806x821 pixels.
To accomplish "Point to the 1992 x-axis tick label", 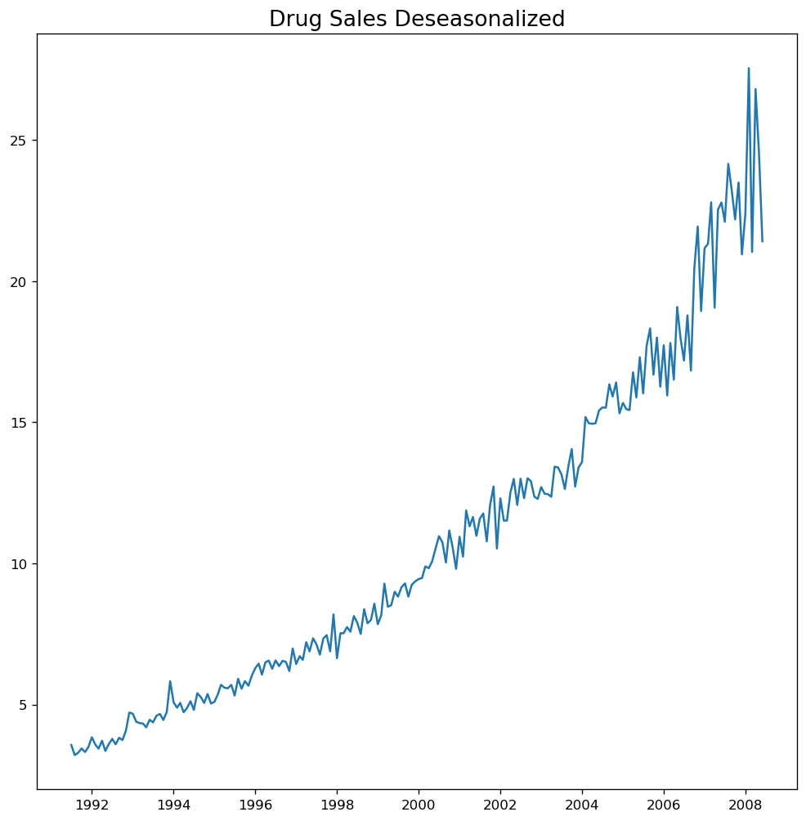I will pos(92,806).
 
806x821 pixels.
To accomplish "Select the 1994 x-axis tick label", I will pos(173,806).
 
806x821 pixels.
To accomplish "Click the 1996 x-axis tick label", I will pos(255,806).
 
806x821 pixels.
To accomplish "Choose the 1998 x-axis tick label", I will pos(337,806).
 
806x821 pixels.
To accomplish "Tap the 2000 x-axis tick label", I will pos(419,806).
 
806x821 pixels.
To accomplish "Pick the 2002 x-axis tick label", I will pos(500,806).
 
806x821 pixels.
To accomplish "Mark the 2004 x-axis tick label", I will pos(582,806).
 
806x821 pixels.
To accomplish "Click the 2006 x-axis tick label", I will pos(664,806).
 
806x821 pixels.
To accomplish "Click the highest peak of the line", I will pos(749,68).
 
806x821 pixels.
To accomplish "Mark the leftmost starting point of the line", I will pos(71,744).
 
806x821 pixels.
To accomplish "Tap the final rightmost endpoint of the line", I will pos(763,241).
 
